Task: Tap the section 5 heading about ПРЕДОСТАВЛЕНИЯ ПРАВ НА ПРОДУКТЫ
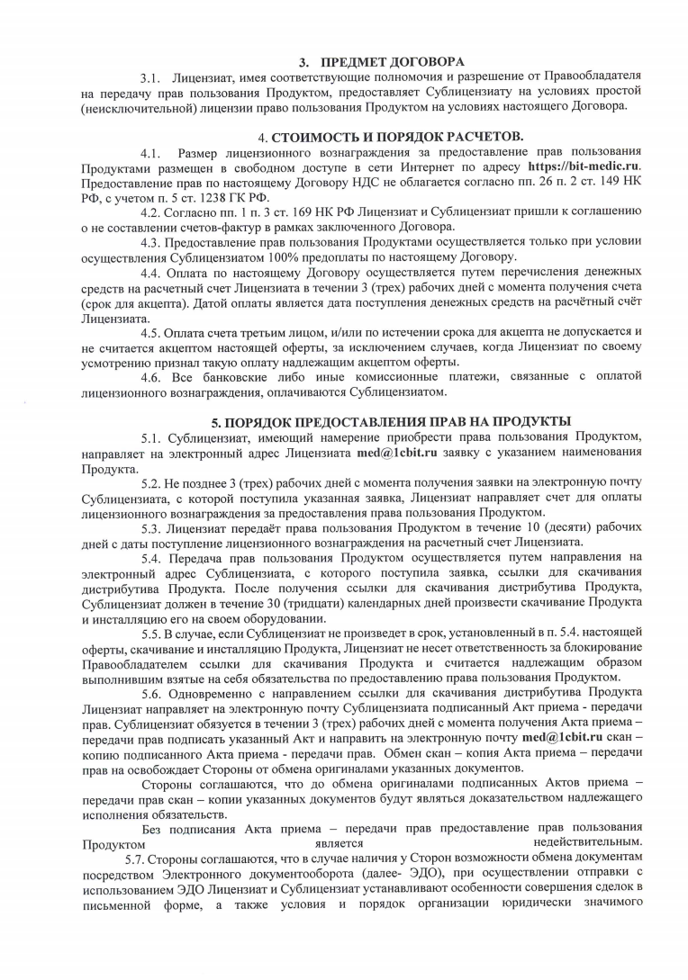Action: (390, 421)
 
